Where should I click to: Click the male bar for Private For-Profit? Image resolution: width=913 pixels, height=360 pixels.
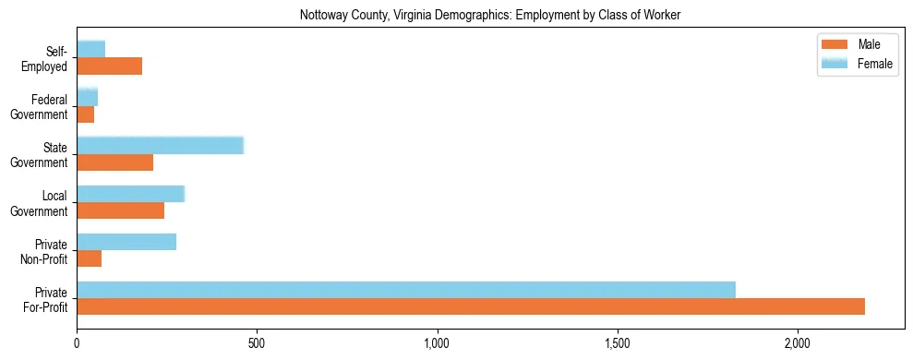coord(471,306)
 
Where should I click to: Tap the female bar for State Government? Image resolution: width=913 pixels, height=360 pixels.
coord(160,145)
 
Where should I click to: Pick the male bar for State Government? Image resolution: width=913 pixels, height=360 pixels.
coord(115,162)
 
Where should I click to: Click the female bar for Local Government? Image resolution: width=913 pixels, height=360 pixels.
coord(131,193)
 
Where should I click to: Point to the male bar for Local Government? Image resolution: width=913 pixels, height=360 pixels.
coord(121,210)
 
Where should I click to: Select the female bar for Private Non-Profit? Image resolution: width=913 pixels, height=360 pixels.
coord(126,242)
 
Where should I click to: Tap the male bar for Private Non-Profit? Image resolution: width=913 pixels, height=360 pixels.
coord(90,258)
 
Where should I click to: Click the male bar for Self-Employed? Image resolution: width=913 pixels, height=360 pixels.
coord(110,66)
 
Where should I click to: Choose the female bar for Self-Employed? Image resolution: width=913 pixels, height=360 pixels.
coord(91,49)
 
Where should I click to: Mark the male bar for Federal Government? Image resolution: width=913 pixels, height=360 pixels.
coord(86,114)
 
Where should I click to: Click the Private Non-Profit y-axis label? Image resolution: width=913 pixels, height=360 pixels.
coord(45,251)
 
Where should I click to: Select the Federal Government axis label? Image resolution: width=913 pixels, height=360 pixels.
coord(40,107)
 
